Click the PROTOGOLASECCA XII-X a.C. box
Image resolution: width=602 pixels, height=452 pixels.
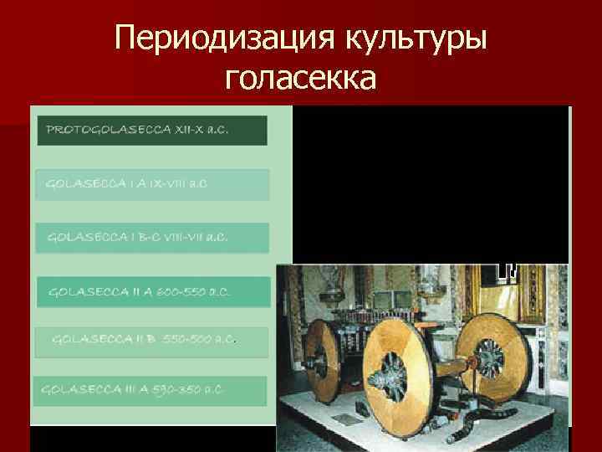point(152,131)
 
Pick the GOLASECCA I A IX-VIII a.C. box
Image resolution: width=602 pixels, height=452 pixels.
point(152,184)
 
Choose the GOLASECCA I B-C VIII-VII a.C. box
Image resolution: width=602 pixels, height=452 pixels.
point(152,237)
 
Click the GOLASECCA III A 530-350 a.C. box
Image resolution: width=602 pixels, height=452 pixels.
point(150,391)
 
